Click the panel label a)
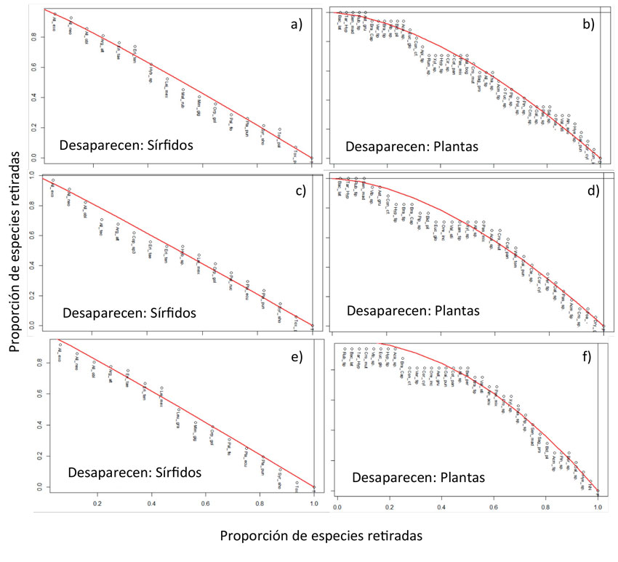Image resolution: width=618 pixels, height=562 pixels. pyautogui.click(x=296, y=25)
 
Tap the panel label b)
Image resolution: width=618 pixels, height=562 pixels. pyautogui.click(x=587, y=25)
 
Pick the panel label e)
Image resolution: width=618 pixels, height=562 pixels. pyautogui.click(x=297, y=357)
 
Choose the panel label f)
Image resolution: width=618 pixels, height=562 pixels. pyautogui.click(x=586, y=357)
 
